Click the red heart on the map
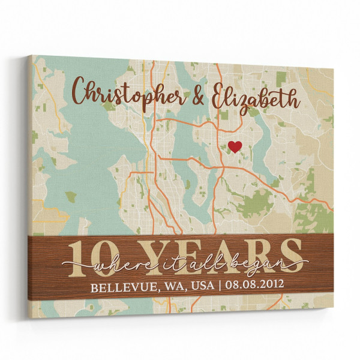[x=235, y=146]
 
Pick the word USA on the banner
[x=199, y=286]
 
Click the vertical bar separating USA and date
[x=218, y=285]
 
